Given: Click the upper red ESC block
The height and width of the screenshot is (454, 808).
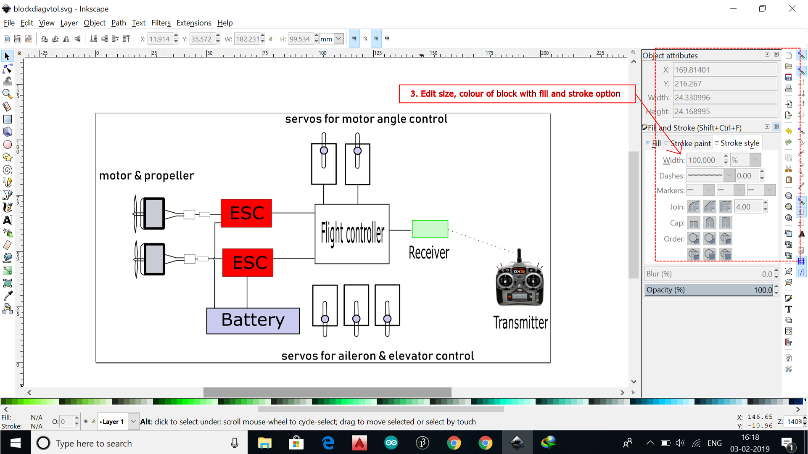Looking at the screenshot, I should (246, 213).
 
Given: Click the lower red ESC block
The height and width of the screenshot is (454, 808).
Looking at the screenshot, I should (248, 262).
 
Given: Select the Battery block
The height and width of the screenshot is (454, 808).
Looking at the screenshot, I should (253, 321).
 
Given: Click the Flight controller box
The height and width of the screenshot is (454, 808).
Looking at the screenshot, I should (352, 234).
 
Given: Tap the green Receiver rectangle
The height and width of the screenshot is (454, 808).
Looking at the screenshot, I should (430, 229).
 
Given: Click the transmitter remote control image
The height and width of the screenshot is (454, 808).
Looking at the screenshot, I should (520, 280).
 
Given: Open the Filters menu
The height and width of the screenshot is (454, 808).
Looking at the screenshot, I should (161, 23).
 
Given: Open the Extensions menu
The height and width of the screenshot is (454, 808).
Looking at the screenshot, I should (193, 23).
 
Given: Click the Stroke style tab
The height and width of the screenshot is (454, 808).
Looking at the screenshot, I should (739, 143).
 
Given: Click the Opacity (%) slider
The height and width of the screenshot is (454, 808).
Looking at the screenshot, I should (709, 290).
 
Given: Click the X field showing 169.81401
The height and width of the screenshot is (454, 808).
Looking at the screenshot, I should (724, 70).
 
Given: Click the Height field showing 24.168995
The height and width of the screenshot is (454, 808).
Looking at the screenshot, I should (724, 111).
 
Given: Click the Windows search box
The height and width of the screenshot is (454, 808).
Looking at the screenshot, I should (139, 443).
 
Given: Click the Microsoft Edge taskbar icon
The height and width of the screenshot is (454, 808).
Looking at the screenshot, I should (328, 443).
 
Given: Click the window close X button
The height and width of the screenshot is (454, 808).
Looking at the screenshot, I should (792, 8).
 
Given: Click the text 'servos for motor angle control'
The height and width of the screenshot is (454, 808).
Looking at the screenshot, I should (366, 119).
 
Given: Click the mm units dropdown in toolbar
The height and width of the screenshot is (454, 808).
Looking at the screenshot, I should (331, 39).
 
